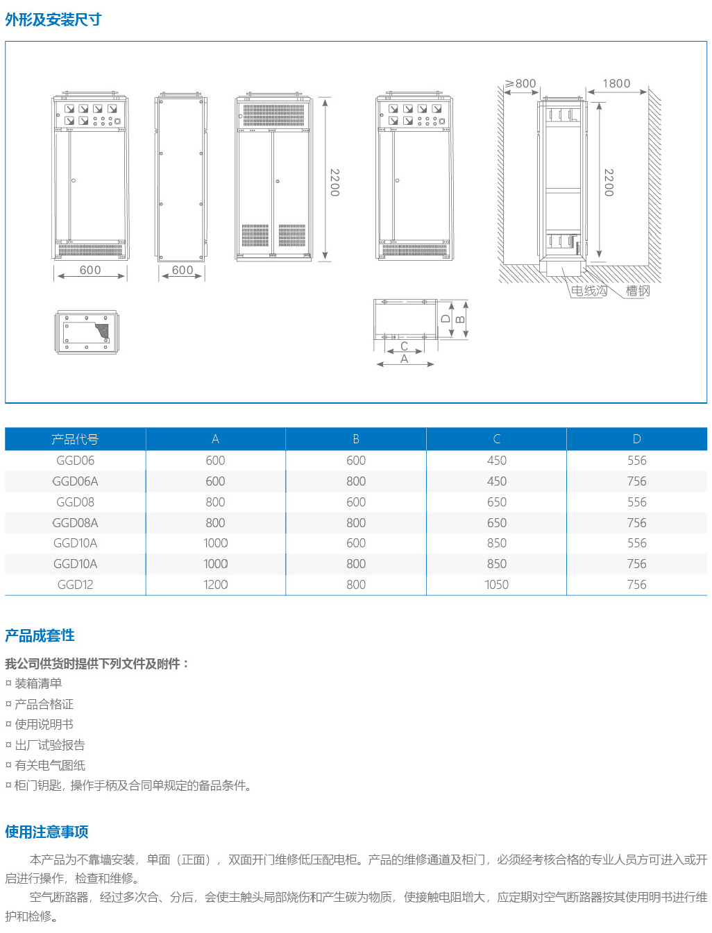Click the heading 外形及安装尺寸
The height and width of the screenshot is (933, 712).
[53, 19]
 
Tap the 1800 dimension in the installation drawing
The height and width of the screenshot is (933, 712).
[616, 84]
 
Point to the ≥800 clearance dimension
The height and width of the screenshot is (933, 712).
[520, 84]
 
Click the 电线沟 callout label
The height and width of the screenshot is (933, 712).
[588, 291]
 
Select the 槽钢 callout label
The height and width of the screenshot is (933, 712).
[638, 291]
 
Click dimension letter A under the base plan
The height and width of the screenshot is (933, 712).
[404, 359]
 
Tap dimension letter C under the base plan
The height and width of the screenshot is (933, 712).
[404, 346]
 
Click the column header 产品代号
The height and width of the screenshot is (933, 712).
[75, 439]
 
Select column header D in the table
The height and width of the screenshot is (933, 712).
[636, 439]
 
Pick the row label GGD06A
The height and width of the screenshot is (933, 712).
[75, 481]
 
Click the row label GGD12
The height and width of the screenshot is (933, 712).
[75, 585]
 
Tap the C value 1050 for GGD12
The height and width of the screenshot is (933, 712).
[496, 585]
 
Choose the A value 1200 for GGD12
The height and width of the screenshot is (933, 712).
[215, 585]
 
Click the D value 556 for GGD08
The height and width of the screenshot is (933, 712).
[636, 502]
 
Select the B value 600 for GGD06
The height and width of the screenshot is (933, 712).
[356, 461]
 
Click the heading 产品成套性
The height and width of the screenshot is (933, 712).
[40, 635]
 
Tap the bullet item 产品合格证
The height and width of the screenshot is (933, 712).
[44, 704]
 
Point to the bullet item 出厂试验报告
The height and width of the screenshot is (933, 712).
[50, 745]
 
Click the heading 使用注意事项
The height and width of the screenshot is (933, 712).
[46, 832]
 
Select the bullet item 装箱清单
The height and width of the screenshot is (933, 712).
[38, 683]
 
